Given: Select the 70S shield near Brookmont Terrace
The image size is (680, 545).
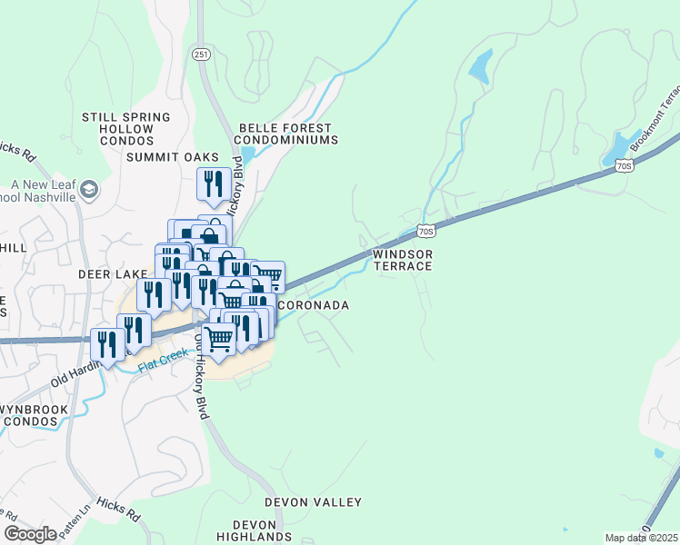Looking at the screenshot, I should coord(623,165).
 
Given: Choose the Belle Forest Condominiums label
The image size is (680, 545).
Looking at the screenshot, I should coord(285,134).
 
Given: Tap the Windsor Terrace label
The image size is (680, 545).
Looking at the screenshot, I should coord(403,261).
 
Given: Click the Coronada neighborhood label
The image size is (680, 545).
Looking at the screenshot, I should coord(313,306).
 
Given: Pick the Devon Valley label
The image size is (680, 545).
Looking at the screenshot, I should coord(313,502).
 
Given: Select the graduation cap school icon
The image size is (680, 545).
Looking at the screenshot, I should coord(90,190).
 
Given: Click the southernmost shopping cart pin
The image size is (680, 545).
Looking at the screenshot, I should coord(219,340).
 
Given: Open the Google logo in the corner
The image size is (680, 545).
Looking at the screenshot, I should coord(30,534).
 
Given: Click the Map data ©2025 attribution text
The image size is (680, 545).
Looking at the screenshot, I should coord(642,538).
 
